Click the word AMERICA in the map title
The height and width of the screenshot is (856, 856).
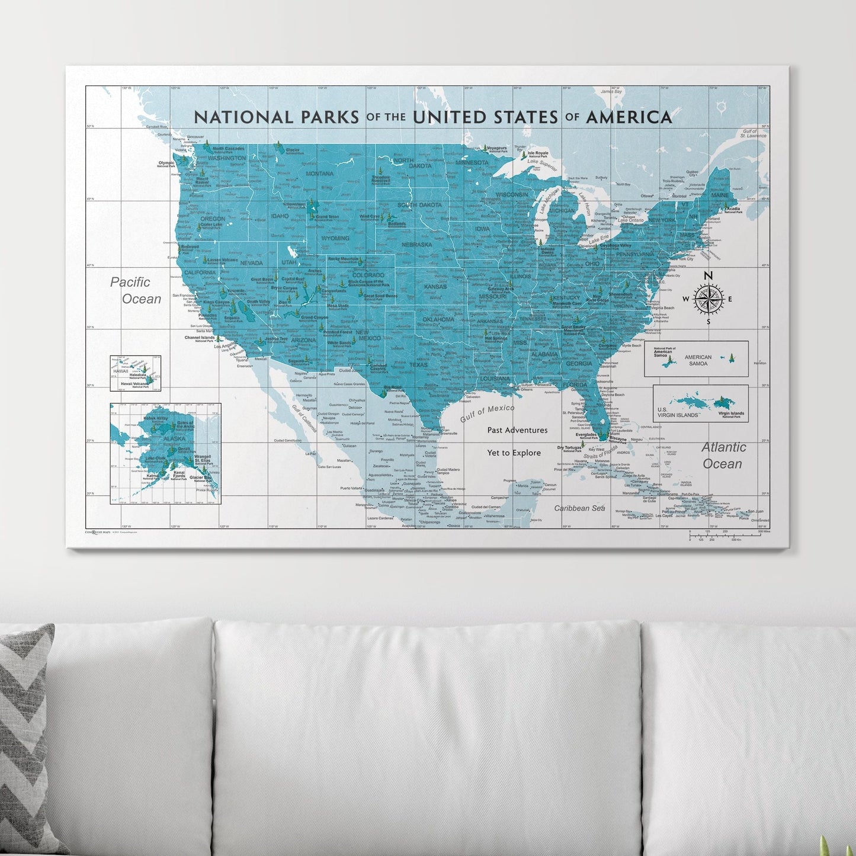(629, 117)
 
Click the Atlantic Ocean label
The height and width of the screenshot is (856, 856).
(723, 456)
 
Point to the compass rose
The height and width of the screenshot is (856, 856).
(708, 299)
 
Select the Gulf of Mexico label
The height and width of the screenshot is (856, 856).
(488, 412)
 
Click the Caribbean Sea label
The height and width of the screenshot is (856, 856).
(579, 508)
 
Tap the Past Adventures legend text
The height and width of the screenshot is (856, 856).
(517, 430)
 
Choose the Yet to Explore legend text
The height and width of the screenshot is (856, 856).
(514, 453)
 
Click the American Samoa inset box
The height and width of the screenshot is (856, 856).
(696, 358)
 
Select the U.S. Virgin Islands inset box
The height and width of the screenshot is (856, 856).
(700, 403)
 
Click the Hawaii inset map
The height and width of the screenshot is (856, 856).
(135, 373)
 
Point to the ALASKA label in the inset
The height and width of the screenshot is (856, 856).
(174, 439)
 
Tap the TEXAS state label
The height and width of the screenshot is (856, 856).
(418, 365)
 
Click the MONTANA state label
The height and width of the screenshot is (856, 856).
(319, 174)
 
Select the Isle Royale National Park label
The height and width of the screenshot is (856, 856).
(538, 154)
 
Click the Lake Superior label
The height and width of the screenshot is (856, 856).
(542, 164)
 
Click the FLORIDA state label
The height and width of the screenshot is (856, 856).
(575, 385)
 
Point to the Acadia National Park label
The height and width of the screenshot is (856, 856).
(733, 210)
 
